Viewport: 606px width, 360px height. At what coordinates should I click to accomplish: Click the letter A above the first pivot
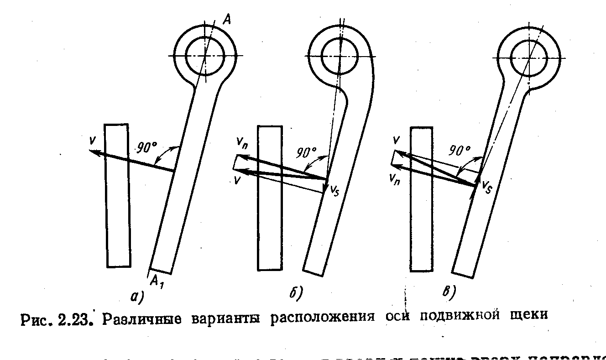[227, 19]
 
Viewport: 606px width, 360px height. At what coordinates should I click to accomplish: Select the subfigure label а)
[136, 297]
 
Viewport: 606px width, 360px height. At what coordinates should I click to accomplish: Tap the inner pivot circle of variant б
[340, 55]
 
